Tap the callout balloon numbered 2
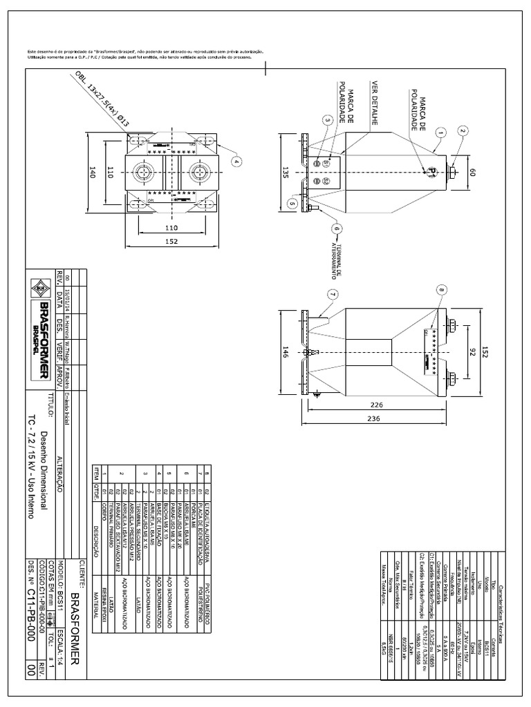463,130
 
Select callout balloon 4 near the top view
237,162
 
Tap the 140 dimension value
91,174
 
